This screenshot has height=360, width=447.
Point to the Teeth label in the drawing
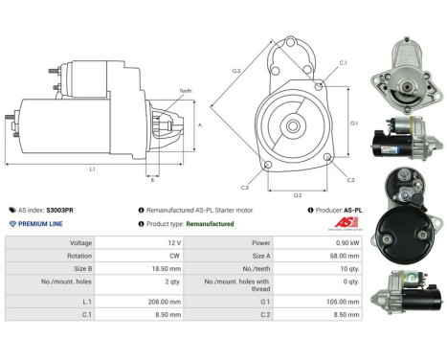point(186,90)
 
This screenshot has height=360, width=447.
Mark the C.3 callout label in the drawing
point(245,187)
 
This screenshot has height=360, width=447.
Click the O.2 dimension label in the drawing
point(298,195)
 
